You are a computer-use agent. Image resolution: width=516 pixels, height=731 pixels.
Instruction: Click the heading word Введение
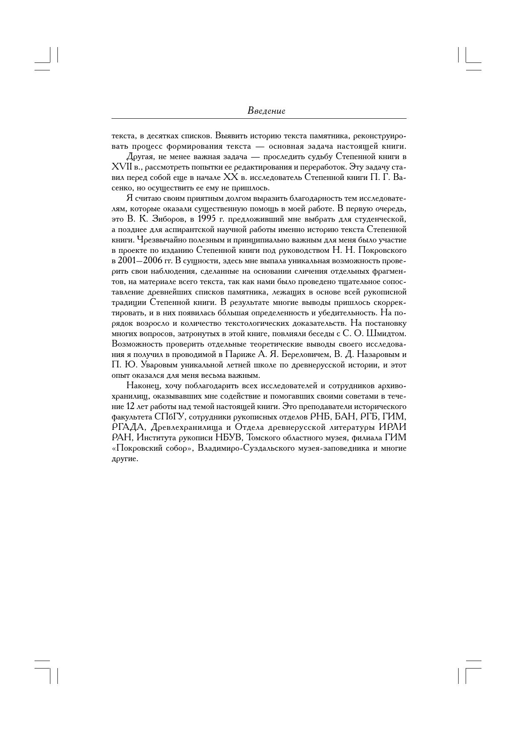(266, 111)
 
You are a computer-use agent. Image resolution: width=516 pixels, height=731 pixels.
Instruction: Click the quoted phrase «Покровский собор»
(152, 448)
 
